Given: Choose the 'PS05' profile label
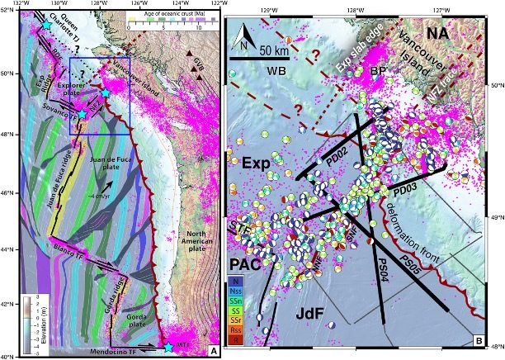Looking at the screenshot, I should point(422,261).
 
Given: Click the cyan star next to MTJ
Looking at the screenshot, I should point(168,347).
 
